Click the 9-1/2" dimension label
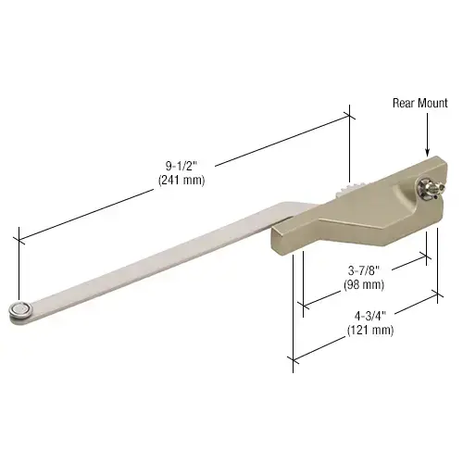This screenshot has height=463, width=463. [173, 167]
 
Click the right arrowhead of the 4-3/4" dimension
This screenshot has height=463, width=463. [437, 296]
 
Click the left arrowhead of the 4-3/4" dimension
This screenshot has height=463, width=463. [294, 357]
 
